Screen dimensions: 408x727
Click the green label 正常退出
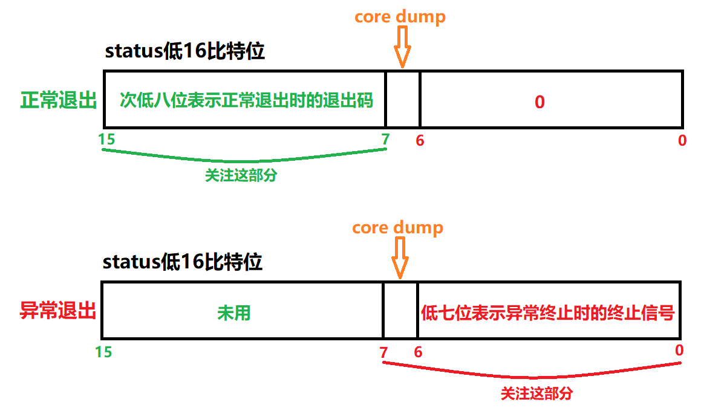click(x=59, y=100)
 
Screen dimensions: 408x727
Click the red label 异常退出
click(x=58, y=311)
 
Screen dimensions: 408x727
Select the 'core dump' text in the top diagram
click(x=400, y=16)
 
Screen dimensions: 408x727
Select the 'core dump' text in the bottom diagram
click(x=397, y=228)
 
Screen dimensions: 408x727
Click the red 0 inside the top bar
click(x=540, y=102)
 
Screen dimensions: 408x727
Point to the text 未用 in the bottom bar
click(x=233, y=312)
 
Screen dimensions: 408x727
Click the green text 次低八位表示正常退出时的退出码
click(x=246, y=100)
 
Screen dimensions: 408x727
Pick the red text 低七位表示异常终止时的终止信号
click(x=548, y=312)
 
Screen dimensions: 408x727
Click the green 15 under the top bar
click(x=106, y=139)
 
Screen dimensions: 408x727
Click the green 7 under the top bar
click(x=385, y=139)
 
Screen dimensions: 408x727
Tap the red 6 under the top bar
click(x=420, y=140)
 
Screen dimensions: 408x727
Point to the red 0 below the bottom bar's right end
click(x=679, y=350)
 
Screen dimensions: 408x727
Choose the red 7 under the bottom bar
click(x=383, y=352)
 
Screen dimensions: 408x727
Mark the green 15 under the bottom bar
click(x=103, y=351)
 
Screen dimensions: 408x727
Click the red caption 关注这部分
click(x=536, y=393)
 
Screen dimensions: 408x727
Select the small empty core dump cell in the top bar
click(x=403, y=100)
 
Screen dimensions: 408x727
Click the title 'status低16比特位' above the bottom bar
click(x=182, y=262)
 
